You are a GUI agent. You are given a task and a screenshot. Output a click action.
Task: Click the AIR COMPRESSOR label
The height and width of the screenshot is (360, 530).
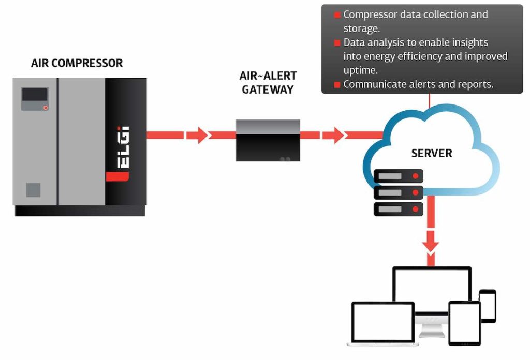pos(77,64)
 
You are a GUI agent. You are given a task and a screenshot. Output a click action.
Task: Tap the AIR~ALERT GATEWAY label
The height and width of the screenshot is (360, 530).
pos(268,83)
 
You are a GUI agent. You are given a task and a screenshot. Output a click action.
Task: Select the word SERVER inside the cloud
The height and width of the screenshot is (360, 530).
pos(431,153)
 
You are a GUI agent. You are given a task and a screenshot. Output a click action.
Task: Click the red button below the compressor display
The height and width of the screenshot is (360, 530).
pos(46,108)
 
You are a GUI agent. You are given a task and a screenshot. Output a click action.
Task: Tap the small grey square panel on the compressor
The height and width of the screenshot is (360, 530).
pos(33,190)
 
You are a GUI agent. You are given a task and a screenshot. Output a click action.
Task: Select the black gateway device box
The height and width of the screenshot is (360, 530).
pos(268,141)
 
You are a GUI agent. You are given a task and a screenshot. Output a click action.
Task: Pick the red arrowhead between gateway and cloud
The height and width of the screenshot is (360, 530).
pos(334,136)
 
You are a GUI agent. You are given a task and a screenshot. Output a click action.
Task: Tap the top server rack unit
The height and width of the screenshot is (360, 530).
pos(398,176)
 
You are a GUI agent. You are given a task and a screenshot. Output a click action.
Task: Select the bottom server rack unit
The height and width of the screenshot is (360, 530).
pos(398,209)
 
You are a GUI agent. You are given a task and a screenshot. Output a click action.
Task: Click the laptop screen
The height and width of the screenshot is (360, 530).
pos(382,321)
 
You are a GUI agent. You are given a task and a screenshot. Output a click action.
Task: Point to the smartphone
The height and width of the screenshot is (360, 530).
pos(488,306)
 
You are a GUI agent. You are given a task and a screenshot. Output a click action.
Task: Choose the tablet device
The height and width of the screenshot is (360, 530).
pos(464,323)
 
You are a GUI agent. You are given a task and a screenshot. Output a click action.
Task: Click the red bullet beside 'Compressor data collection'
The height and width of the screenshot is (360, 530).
pos(337,16)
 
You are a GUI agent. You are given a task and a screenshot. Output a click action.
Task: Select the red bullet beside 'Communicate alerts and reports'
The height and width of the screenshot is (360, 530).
pos(337,85)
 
